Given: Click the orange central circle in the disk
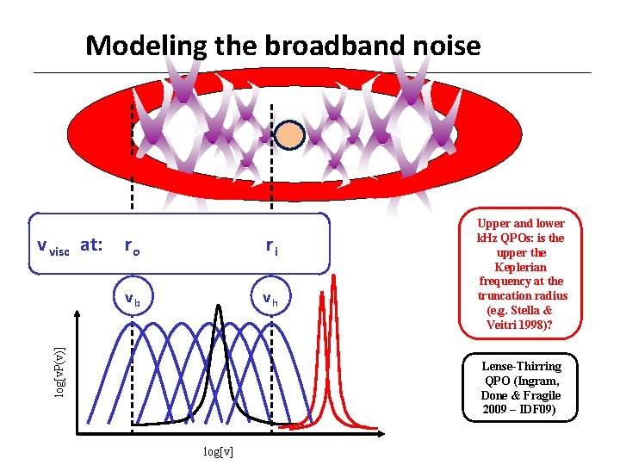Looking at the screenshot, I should (292, 135).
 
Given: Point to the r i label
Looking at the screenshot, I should (271, 248).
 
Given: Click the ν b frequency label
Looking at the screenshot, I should (132, 300).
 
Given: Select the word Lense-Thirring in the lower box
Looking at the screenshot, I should (521, 366).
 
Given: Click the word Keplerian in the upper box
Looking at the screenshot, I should (519, 267).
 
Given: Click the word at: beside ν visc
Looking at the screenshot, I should (90, 245).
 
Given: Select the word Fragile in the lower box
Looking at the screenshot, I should (541, 395).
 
